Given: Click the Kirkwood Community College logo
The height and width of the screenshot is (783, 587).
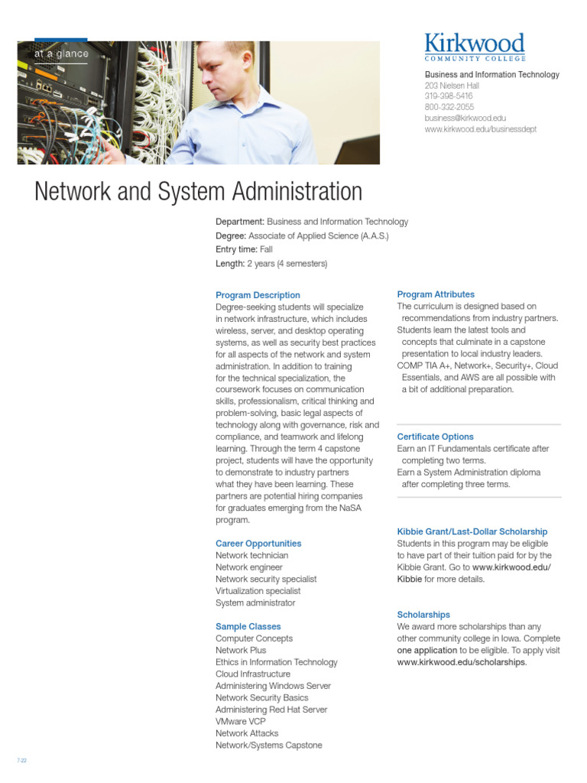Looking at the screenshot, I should point(475,47).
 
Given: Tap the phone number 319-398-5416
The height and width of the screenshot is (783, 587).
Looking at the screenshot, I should point(449,96).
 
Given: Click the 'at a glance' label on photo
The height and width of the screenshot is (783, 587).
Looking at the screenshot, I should point(61,54).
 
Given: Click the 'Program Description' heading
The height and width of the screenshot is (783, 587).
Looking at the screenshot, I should point(258,295).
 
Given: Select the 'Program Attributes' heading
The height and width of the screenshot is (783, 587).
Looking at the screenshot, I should point(436,294).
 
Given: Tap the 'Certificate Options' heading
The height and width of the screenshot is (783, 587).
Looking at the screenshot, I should point(435,437).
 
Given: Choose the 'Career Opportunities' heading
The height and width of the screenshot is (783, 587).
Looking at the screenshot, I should point(258,544).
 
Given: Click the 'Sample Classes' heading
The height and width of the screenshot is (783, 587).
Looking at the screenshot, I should point(248,626).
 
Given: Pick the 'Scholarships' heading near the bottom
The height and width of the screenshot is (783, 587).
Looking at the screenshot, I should point(423,615).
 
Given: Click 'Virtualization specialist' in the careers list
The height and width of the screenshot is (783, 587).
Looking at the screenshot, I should point(258,591).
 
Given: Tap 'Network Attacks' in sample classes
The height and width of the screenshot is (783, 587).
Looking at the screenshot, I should point(247,733).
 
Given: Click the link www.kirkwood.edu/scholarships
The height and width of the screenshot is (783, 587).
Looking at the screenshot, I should point(461,662).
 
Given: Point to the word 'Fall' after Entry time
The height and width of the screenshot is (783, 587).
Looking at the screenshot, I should point(266,249).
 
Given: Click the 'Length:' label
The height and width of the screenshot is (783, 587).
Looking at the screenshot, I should point(229,264).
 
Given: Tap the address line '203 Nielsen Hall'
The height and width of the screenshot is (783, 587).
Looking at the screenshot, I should point(452,86).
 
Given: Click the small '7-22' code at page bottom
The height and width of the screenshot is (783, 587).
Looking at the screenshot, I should point(21,762).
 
